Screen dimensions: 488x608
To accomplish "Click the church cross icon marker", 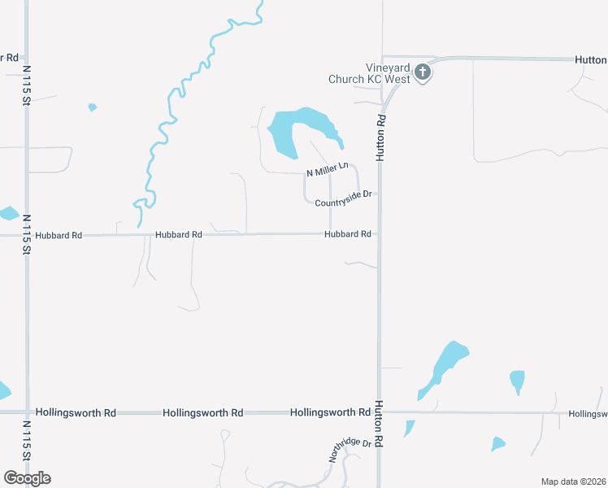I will (422, 72).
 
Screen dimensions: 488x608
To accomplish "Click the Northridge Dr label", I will (350, 451).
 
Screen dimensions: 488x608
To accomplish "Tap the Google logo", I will (27, 478).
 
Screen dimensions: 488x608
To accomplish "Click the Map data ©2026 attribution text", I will (573, 481).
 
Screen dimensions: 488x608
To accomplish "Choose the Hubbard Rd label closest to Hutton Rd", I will (348, 234).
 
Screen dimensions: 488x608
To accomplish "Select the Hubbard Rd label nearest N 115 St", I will (59, 235).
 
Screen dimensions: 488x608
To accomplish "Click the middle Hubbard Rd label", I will (178, 235).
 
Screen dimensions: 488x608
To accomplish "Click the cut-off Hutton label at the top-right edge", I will (591, 59).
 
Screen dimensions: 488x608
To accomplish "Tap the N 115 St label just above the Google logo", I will (26, 442).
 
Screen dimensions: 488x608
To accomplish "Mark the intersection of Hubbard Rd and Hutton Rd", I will (379, 234).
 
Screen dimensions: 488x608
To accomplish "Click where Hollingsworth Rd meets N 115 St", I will (26, 412).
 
